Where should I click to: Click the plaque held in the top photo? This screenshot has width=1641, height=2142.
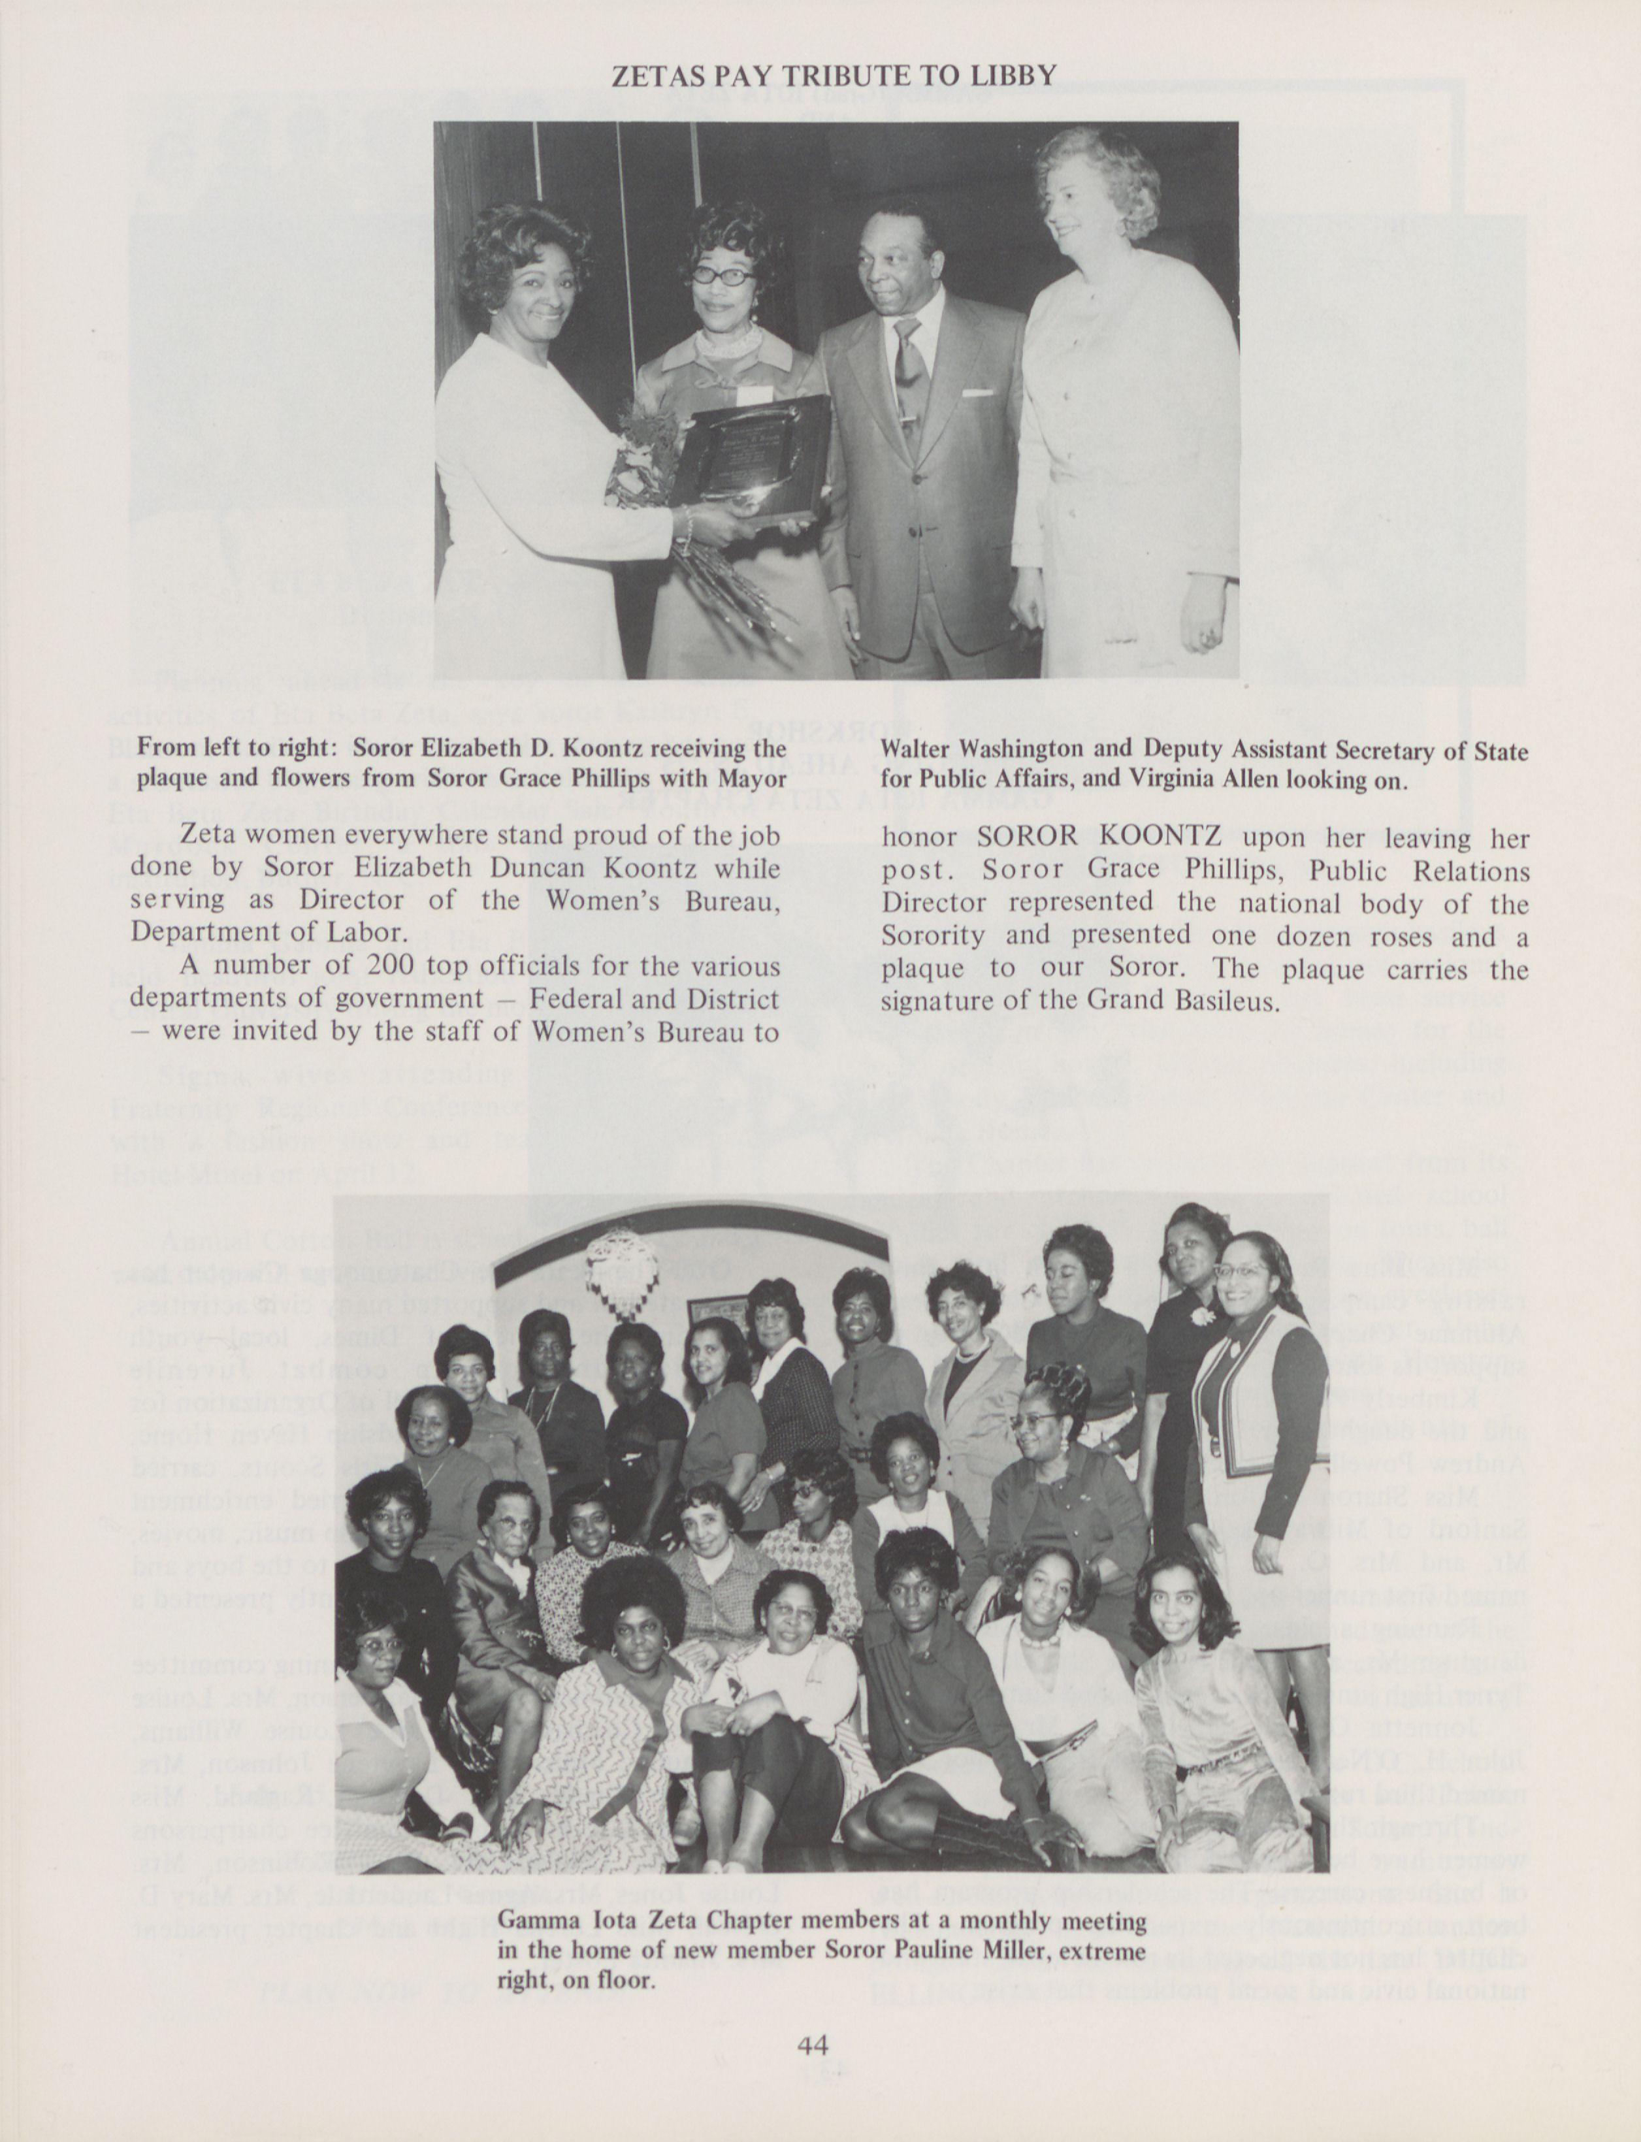pyautogui.click(x=756, y=459)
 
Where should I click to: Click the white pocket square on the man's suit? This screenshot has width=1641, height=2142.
pyautogui.click(x=977, y=393)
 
